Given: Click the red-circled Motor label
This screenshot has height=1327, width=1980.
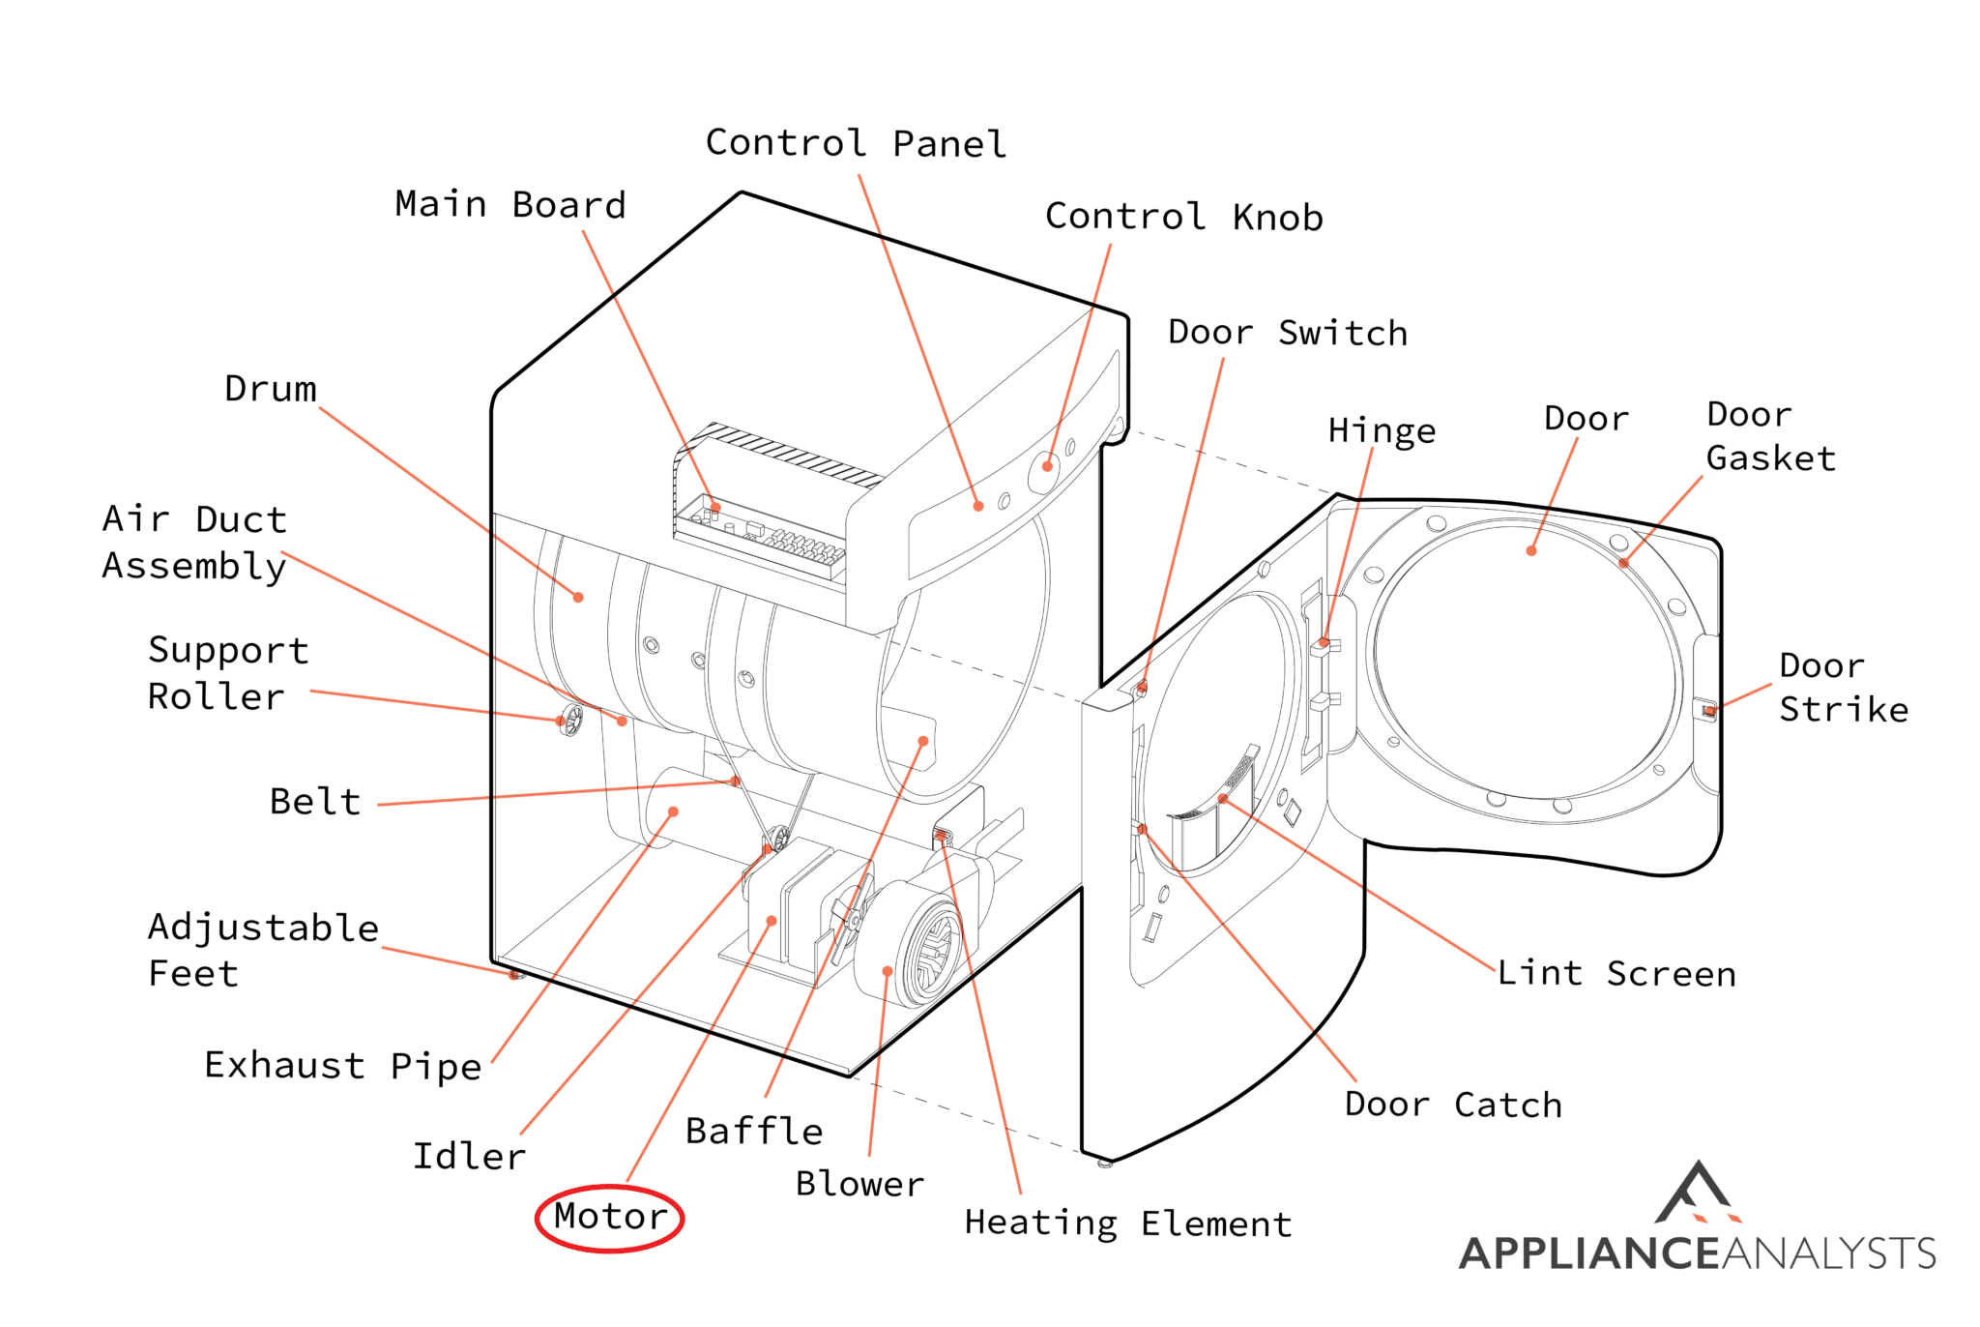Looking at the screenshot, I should (610, 1217).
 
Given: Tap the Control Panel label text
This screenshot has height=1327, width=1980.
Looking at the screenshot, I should (856, 143).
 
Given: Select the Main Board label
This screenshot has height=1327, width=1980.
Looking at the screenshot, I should (510, 205).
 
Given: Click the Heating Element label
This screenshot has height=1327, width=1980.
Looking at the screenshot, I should (1127, 1224).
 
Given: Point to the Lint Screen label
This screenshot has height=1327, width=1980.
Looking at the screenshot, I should (1616, 973).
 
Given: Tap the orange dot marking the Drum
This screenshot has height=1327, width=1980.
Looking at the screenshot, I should (578, 598).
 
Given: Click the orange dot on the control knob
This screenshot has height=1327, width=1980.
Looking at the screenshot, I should (1047, 466).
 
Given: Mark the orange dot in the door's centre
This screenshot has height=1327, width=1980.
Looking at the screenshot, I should (1531, 551).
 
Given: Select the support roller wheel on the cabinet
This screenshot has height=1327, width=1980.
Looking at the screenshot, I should (571, 720).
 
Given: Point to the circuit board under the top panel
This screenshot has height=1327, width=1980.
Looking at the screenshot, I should (764, 538).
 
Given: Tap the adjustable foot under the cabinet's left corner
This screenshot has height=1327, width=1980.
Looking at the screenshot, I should (517, 975).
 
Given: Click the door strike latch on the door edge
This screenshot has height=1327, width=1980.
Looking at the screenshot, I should (1709, 712).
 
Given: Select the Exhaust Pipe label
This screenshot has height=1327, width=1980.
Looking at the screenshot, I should (342, 1065).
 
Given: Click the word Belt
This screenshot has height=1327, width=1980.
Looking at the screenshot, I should (315, 802).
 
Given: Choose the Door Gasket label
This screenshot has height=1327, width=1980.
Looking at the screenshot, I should (1769, 436).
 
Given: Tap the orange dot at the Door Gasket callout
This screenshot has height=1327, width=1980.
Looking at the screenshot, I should (1623, 563).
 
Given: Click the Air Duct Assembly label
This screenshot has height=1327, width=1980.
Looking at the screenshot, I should (194, 543).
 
